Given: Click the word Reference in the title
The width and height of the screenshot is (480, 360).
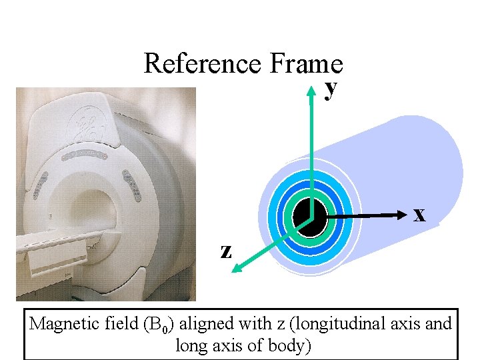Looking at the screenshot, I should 203,64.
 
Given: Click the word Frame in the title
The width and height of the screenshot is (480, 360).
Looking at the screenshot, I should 306,64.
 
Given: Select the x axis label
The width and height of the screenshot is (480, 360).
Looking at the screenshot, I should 419,215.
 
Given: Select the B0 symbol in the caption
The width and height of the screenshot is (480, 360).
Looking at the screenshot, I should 157,325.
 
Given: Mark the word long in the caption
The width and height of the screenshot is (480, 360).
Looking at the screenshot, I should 191,346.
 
